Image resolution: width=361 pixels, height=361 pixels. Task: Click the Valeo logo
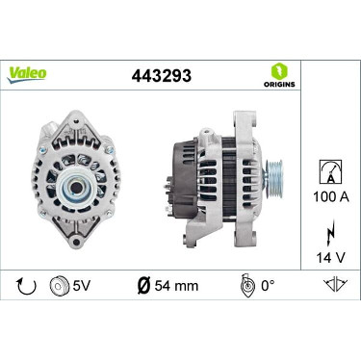point(27,75)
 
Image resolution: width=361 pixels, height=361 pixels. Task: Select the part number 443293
point(162,76)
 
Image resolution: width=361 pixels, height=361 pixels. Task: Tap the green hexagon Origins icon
point(279,71)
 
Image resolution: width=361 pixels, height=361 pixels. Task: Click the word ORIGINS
point(279,85)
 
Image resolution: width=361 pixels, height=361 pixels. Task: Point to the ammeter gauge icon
point(330,171)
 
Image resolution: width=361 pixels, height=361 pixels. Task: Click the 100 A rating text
point(331,196)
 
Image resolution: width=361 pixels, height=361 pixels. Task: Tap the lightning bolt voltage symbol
point(331,232)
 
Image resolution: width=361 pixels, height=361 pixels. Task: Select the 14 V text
point(331,257)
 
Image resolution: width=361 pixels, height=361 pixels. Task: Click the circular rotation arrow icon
point(27,286)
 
